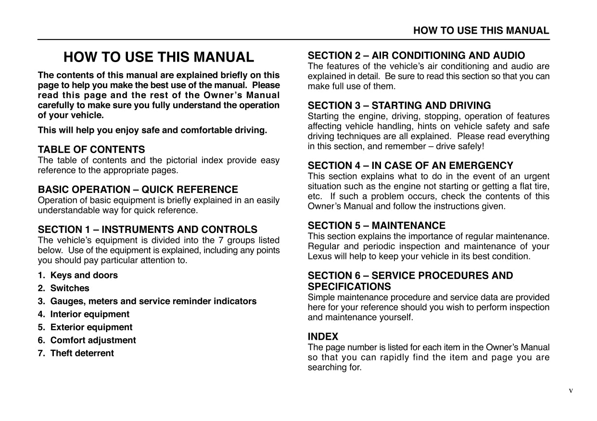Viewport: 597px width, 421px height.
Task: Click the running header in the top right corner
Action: (x=481, y=31)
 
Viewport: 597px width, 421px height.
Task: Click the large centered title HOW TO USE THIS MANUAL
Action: (x=158, y=57)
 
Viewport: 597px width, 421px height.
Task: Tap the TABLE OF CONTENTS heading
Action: (x=91, y=150)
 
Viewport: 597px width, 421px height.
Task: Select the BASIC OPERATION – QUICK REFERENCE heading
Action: (x=138, y=190)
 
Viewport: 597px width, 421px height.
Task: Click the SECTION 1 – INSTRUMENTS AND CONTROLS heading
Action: (x=147, y=230)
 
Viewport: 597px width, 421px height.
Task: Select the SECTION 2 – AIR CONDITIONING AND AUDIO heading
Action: (x=416, y=56)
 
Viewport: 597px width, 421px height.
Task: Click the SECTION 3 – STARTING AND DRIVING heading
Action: (x=399, y=105)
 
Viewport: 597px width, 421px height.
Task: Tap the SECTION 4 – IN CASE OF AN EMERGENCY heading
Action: (x=410, y=166)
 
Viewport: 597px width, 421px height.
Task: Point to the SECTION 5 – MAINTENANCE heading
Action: (x=376, y=226)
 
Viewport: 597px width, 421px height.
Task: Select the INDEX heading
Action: (x=323, y=336)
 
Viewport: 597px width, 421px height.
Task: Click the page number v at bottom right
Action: (x=571, y=391)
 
